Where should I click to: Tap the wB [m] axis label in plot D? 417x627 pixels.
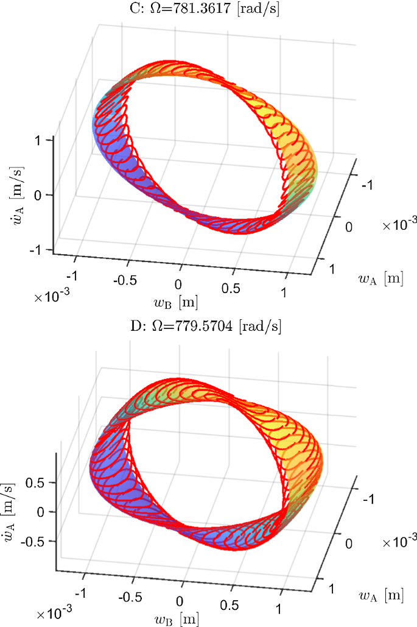click(181, 618)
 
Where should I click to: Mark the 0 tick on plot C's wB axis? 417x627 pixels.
click(178, 285)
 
